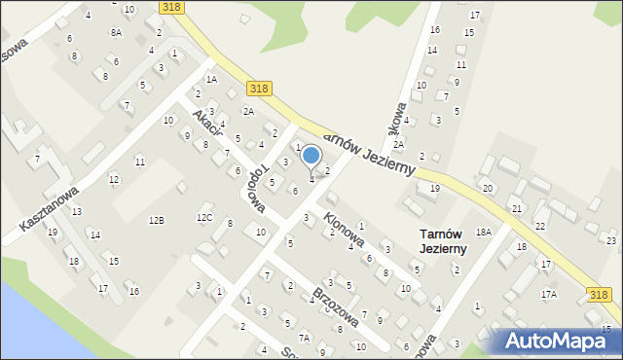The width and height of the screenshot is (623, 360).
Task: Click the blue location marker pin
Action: tap(311, 156)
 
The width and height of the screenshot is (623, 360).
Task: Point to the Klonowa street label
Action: tap(344, 229)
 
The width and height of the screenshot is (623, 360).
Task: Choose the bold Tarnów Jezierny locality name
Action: tap(443, 241)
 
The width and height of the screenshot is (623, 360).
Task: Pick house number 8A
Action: tap(116, 32)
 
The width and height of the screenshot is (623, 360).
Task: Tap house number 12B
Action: tap(156, 221)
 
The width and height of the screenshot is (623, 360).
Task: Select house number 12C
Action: tap(204, 217)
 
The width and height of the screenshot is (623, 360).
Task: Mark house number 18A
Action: tap(483, 233)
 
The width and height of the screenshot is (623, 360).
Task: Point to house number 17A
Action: tap(549, 294)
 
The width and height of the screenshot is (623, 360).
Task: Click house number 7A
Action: tap(305, 338)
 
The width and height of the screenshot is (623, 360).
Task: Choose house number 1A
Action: tap(210, 79)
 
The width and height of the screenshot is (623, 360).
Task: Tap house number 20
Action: tap(488, 188)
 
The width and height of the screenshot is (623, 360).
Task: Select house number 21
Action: tap(517, 209)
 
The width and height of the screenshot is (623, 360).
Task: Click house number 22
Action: tap(539, 227)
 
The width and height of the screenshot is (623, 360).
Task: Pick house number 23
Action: tap(610, 240)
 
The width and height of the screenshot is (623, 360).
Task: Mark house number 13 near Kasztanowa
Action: tap(76, 211)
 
